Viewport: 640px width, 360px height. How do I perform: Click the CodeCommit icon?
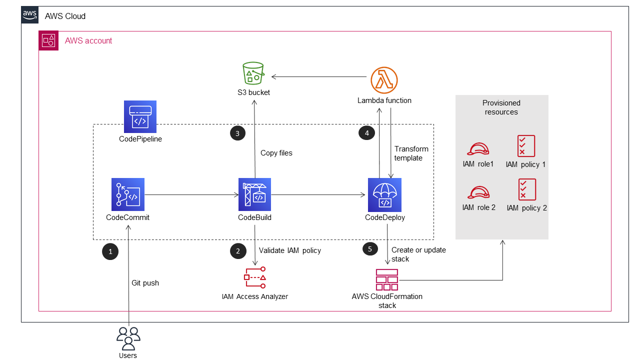tap(128, 194)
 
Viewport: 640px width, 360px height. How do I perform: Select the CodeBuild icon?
tap(255, 194)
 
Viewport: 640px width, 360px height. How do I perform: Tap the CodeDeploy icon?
tap(384, 194)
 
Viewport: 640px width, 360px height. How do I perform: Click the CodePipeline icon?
tap(140, 117)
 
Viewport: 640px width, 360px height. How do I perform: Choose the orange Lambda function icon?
tap(384, 80)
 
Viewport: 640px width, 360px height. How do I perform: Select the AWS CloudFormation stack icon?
tap(387, 279)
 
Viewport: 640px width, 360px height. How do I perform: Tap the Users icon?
tap(128, 338)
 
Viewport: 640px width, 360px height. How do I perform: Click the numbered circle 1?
tap(110, 252)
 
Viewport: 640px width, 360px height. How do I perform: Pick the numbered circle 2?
tap(238, 251)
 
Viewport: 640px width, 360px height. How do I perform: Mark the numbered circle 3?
tap(237, 133)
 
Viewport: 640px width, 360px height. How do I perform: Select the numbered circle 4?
tap(367, 133)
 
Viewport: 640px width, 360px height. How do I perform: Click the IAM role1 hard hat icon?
tap(478, 148)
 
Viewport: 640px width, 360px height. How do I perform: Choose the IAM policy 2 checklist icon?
tap(527, 189)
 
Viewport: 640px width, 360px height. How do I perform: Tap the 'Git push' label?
tap(145, 283)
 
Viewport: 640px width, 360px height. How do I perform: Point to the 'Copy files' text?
tap(276, 153)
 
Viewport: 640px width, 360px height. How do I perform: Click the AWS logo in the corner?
tap(30, 15)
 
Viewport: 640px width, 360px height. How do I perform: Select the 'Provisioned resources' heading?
tap(501, 107)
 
